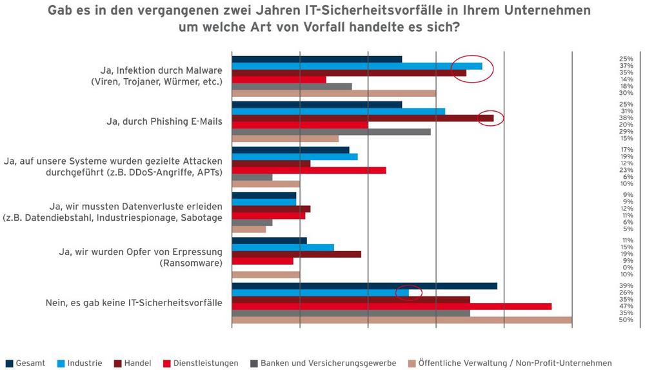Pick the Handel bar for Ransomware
296,254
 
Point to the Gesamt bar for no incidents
364,286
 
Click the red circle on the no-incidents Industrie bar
409,293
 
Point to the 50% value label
625,320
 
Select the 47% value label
625,306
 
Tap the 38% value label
625,118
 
